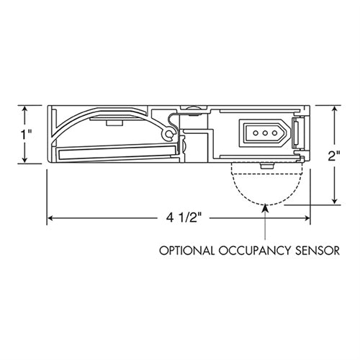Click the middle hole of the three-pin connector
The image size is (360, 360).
264,133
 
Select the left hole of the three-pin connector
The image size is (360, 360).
253,133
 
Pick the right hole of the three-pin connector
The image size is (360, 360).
274,133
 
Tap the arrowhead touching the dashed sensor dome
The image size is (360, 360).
266,208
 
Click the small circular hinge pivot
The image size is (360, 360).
169,134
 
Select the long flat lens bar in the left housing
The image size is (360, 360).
115,152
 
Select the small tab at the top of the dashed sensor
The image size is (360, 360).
266,166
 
